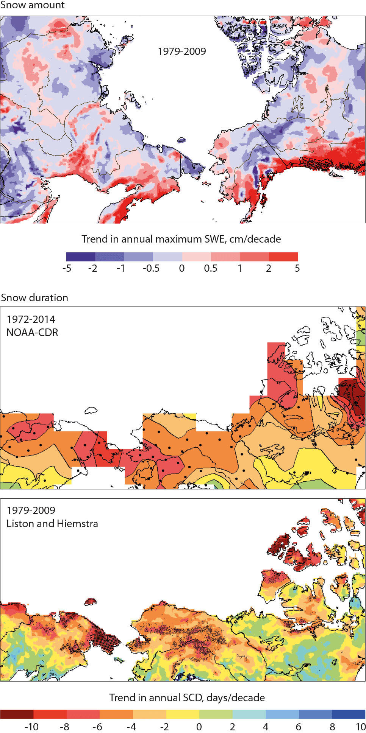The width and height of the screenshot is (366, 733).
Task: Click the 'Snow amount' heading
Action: pyautogui.click(x=32, y=5)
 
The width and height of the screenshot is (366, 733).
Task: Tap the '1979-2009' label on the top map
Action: pyautogui.click(x=182, y=51)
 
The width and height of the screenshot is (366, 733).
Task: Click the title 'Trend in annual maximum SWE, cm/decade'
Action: pyautogui.click(x=181, y=239)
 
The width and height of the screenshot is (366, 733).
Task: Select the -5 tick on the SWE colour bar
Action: pyautogui.click(x=67, y=268)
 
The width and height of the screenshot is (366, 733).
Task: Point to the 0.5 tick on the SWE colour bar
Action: pyautogui.click(x=211, y=268)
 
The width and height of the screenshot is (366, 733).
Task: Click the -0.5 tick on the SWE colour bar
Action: pyautogui.click(x=151, y=268)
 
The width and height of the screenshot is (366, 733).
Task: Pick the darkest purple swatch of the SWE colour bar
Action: pyautogui.click(x=80, y=257)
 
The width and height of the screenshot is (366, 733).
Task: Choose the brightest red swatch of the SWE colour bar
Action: pyautogui.click(x=283, y=257)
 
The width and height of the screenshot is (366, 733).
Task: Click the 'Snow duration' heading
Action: pyautogui.click(x=34, y=298)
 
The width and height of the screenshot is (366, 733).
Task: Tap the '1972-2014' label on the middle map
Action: pyautogui.click(x=31, y=319)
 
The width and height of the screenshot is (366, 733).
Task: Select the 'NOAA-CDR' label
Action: pyautogui.click(x=32, y=333)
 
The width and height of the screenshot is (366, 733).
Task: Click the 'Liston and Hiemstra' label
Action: pyautogui.click(x=52, y=524)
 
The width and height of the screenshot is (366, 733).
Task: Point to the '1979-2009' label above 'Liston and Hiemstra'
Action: pyautogui.click(x=31, y=510)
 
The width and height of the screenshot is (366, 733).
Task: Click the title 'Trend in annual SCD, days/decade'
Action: pyautogui.click(x=187, y=698)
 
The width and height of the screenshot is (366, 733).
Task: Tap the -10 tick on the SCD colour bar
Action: pyautogui.click(x=31, y=727)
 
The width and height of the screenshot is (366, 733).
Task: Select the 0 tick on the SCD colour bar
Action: pyautogui.click(x=199, y=727)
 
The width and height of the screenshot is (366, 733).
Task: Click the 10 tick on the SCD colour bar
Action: pyautogui.click(x=360, y=727)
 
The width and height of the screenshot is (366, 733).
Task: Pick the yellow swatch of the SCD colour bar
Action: pyautogui.click(x=183, y=714)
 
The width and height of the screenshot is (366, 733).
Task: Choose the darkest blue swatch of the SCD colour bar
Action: pyautogui.click(x=349, y=714)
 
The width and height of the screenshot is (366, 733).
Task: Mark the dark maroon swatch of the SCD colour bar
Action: pyautogui.click(x=17, y=714)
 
